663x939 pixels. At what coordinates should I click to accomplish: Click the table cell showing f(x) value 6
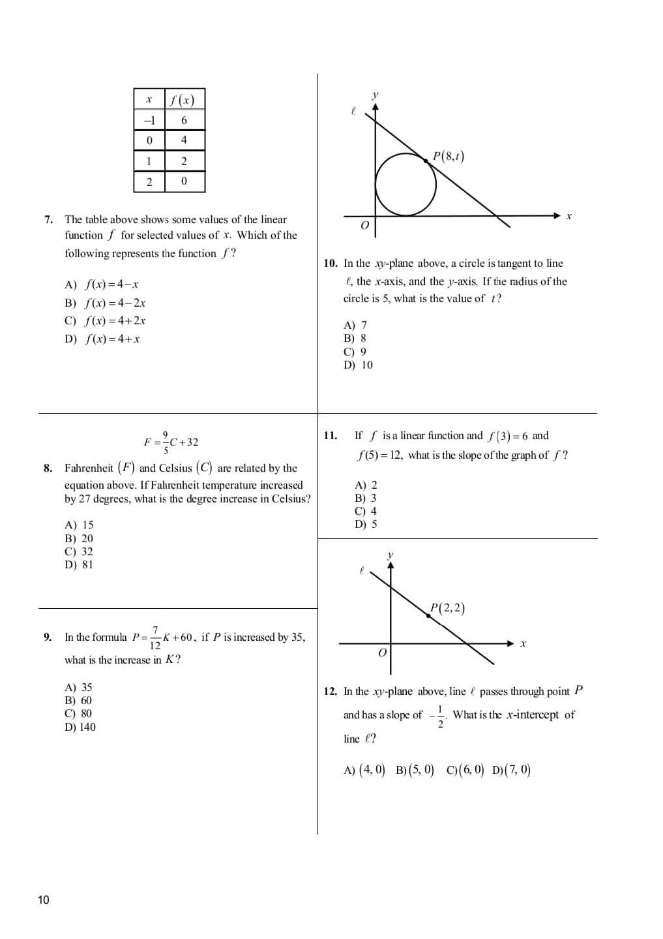click(184, 120)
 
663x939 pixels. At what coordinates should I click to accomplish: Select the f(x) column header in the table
click(183, 100)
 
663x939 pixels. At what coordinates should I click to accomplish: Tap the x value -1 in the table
click(149, 120)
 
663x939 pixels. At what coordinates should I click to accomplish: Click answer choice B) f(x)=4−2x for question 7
click(106, 303)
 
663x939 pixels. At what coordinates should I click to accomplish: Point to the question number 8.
click(48, 468)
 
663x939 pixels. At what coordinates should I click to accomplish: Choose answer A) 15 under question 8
click(79, 525)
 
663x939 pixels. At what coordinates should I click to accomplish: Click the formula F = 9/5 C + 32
click(171, 442)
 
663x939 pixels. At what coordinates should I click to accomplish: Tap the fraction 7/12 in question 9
click(155, 638)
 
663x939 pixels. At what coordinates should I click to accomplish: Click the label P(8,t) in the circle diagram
click(449, 156)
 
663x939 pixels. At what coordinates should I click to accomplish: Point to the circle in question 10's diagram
click(405, 185)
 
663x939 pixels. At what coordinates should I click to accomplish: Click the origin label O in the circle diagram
click(364, 226)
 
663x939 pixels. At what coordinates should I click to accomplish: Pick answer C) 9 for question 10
click(355, 352)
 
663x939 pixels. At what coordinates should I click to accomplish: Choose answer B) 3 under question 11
click(365, 498)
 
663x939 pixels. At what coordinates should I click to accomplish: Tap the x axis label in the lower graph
click(523, 644)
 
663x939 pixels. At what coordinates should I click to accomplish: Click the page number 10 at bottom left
click(43, 900)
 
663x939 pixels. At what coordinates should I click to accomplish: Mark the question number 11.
click(330, 435)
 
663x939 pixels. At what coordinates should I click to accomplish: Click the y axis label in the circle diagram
click(375, 95)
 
